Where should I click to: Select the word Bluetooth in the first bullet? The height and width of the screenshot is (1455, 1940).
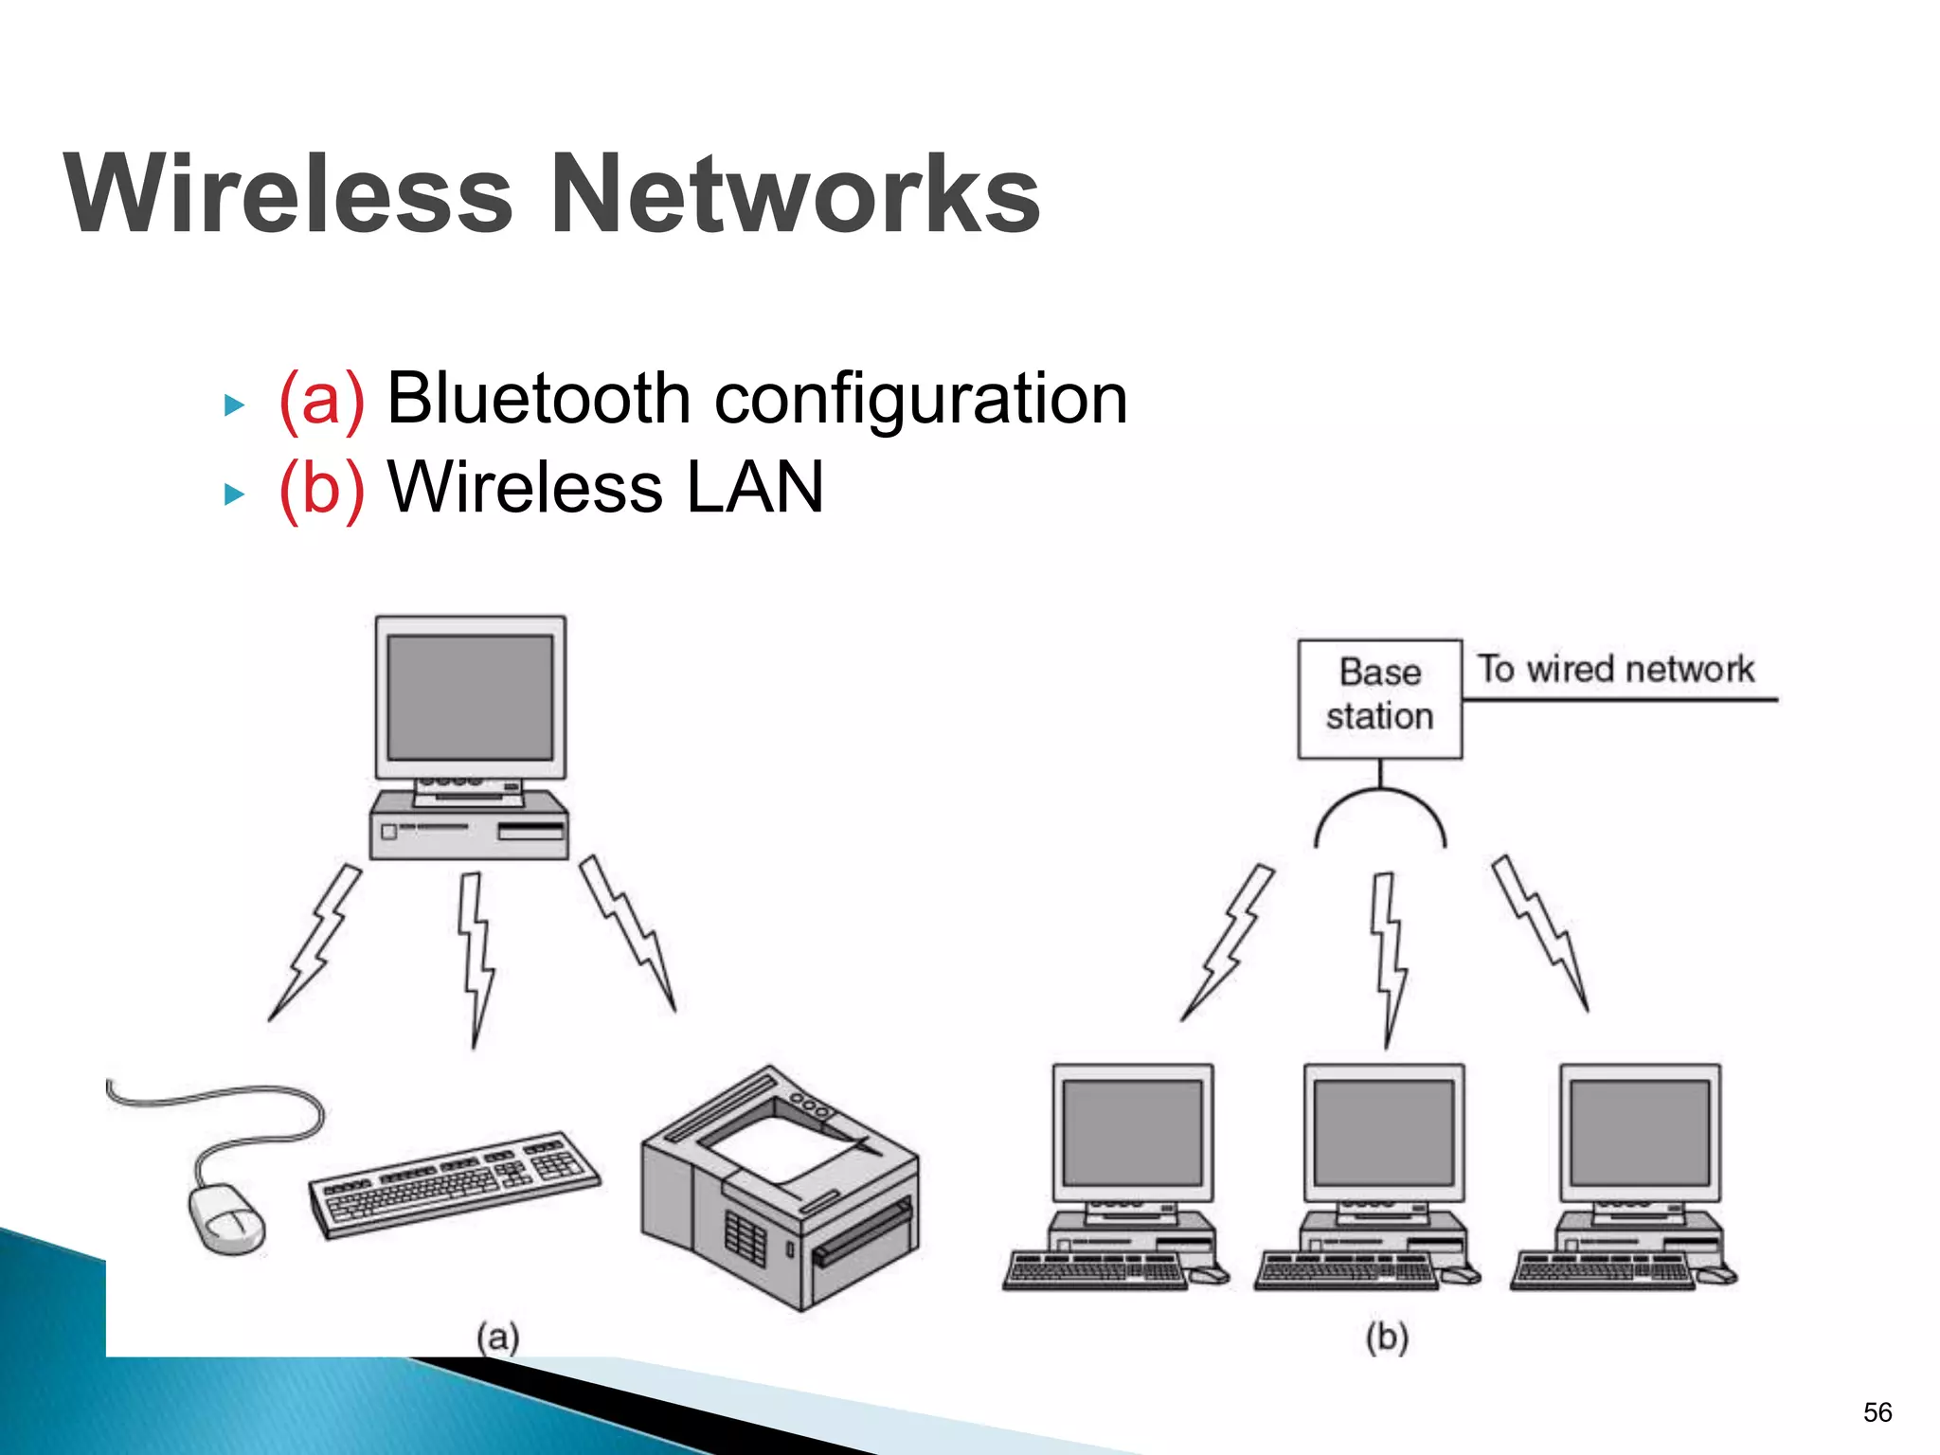(x=539, y=399)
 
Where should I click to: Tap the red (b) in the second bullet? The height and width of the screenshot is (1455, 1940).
(x=321, y=489)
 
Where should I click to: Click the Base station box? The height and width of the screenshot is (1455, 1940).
(x=1379, y=699)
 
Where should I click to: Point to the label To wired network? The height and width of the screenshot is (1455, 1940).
(x=1616, y=670)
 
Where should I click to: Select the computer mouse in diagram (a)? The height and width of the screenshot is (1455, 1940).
(x=226, y=1219)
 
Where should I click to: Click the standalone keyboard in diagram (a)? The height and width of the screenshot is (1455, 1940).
(x=455, y=1184)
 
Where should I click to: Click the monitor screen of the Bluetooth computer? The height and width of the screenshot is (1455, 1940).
(x=470, y=697)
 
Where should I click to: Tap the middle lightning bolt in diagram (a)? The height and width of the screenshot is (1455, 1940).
(x=476, y=957)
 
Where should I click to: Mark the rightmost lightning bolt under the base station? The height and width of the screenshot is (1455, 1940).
(x=1541, y=933)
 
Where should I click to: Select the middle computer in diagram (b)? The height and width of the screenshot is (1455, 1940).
(x=1384, y=1175)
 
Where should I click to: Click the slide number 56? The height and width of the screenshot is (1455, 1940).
(x=1877, y=1412)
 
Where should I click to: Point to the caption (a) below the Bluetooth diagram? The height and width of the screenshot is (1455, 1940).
(x=498, y=1338)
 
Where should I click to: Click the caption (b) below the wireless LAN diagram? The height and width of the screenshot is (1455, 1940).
(x=1387, y=1338)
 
